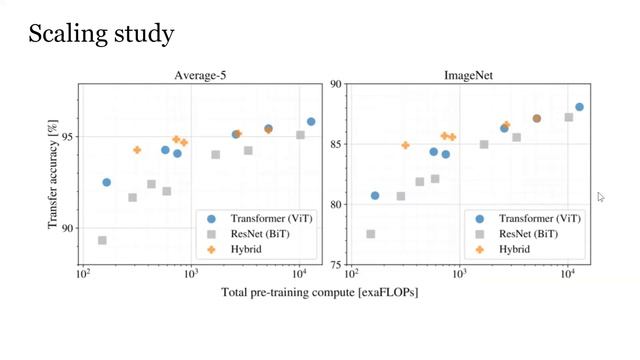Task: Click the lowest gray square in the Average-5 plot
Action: [102, 241]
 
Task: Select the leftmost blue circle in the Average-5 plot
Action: [107, 182]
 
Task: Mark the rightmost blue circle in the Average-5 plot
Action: [311, 121]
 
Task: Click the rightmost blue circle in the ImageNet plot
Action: [579, 107]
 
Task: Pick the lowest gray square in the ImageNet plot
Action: [371, 234]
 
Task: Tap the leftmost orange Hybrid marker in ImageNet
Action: [405, 145]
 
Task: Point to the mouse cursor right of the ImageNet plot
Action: [601, 197]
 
